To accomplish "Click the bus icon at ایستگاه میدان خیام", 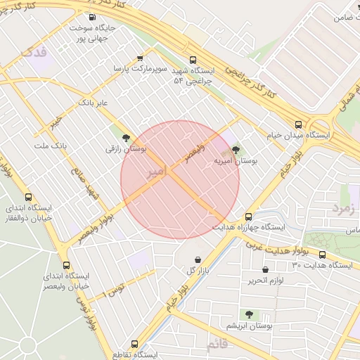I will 299,124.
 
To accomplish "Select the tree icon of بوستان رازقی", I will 126,139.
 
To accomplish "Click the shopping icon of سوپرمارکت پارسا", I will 140,58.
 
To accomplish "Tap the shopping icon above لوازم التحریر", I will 265,269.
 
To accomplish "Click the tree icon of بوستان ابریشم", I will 248,314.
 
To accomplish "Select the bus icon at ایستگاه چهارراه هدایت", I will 248,217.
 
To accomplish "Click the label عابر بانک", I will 94,103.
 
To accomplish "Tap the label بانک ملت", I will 50,146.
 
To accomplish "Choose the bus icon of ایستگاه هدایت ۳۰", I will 322,255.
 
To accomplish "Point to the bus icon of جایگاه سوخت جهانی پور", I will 91,18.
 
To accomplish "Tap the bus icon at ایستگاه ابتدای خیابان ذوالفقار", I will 28,198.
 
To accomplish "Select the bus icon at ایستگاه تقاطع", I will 136,345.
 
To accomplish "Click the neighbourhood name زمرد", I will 345,209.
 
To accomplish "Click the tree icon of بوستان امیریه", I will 235,149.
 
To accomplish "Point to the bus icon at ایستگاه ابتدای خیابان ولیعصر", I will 67,265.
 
